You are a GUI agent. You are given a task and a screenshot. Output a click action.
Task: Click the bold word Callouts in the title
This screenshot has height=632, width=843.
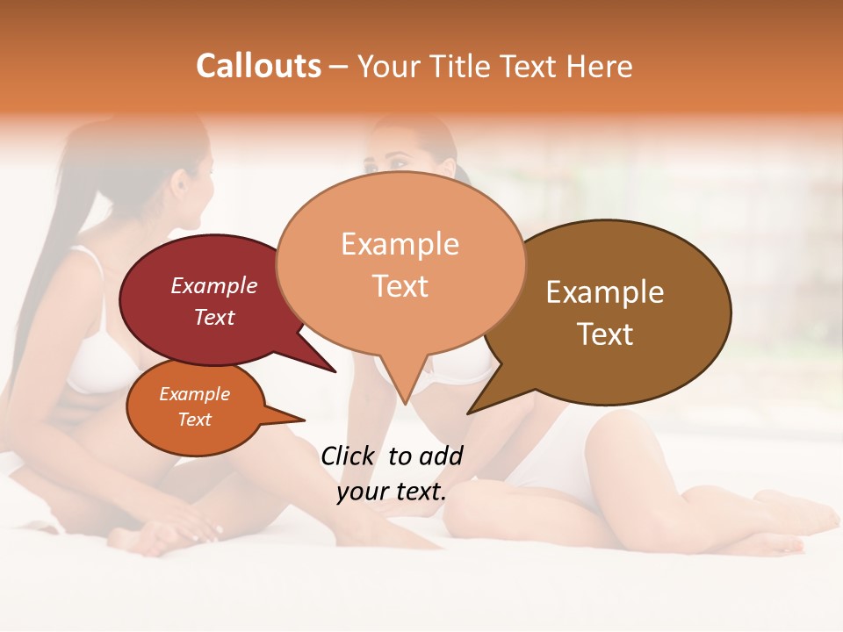[258, 66]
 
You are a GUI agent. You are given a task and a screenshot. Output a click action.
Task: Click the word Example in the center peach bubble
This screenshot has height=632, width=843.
[400, 244]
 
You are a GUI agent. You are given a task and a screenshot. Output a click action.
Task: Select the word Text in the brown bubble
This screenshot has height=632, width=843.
[605, 334]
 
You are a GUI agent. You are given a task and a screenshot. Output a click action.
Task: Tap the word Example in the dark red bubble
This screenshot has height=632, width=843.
[214, 285]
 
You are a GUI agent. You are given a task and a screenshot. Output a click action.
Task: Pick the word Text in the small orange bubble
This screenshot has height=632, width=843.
[195, 420]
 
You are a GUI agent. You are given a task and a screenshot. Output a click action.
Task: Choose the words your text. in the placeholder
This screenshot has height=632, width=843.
[392, 492]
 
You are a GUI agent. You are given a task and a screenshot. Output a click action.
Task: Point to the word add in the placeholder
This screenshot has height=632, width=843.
[443, 456]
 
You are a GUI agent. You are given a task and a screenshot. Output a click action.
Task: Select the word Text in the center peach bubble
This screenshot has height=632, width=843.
[400, 286]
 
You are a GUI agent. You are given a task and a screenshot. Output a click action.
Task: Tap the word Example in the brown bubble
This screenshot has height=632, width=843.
[605, 292]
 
